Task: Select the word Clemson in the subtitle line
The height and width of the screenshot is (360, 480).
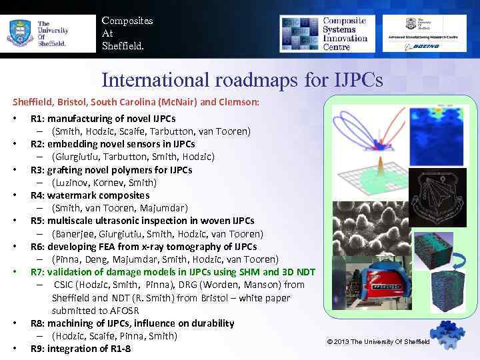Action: pos(239,103)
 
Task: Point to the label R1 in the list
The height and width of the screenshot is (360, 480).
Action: pos(37,119)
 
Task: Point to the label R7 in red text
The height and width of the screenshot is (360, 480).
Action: pos(37,272)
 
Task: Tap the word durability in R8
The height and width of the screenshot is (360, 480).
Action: pos(207,323)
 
